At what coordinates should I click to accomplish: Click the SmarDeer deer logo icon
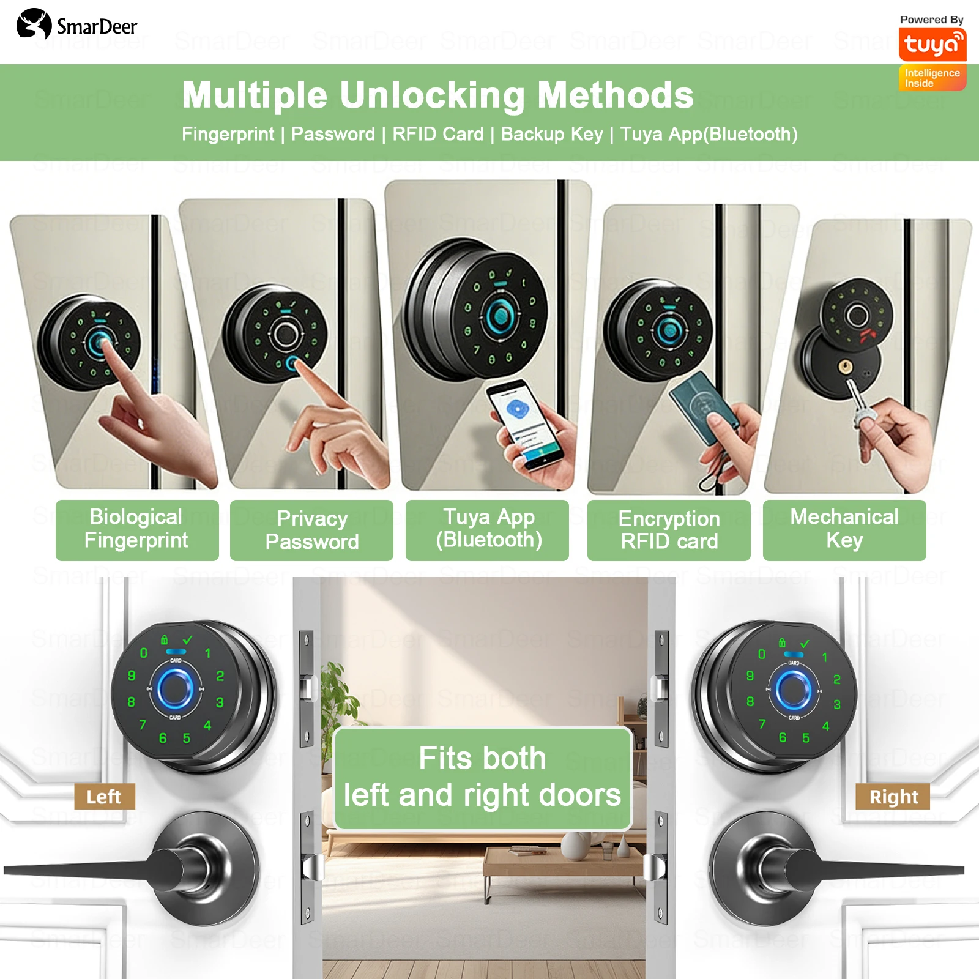pos(34,24)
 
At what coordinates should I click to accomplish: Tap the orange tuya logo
pos(932,45)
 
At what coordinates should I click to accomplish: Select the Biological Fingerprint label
pos(136,529)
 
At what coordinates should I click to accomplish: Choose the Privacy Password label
pos(311,530)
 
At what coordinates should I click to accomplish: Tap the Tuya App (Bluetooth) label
pos(488,529)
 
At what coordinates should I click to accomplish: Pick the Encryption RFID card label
pos(669,530)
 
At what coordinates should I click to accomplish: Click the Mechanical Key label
pos(844,529)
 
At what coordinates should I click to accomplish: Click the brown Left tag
pos(104,797)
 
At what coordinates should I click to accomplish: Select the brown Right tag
pos(893,797)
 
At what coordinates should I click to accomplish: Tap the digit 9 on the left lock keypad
pos(132,676)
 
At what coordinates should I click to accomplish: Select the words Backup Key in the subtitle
pos(551,135)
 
